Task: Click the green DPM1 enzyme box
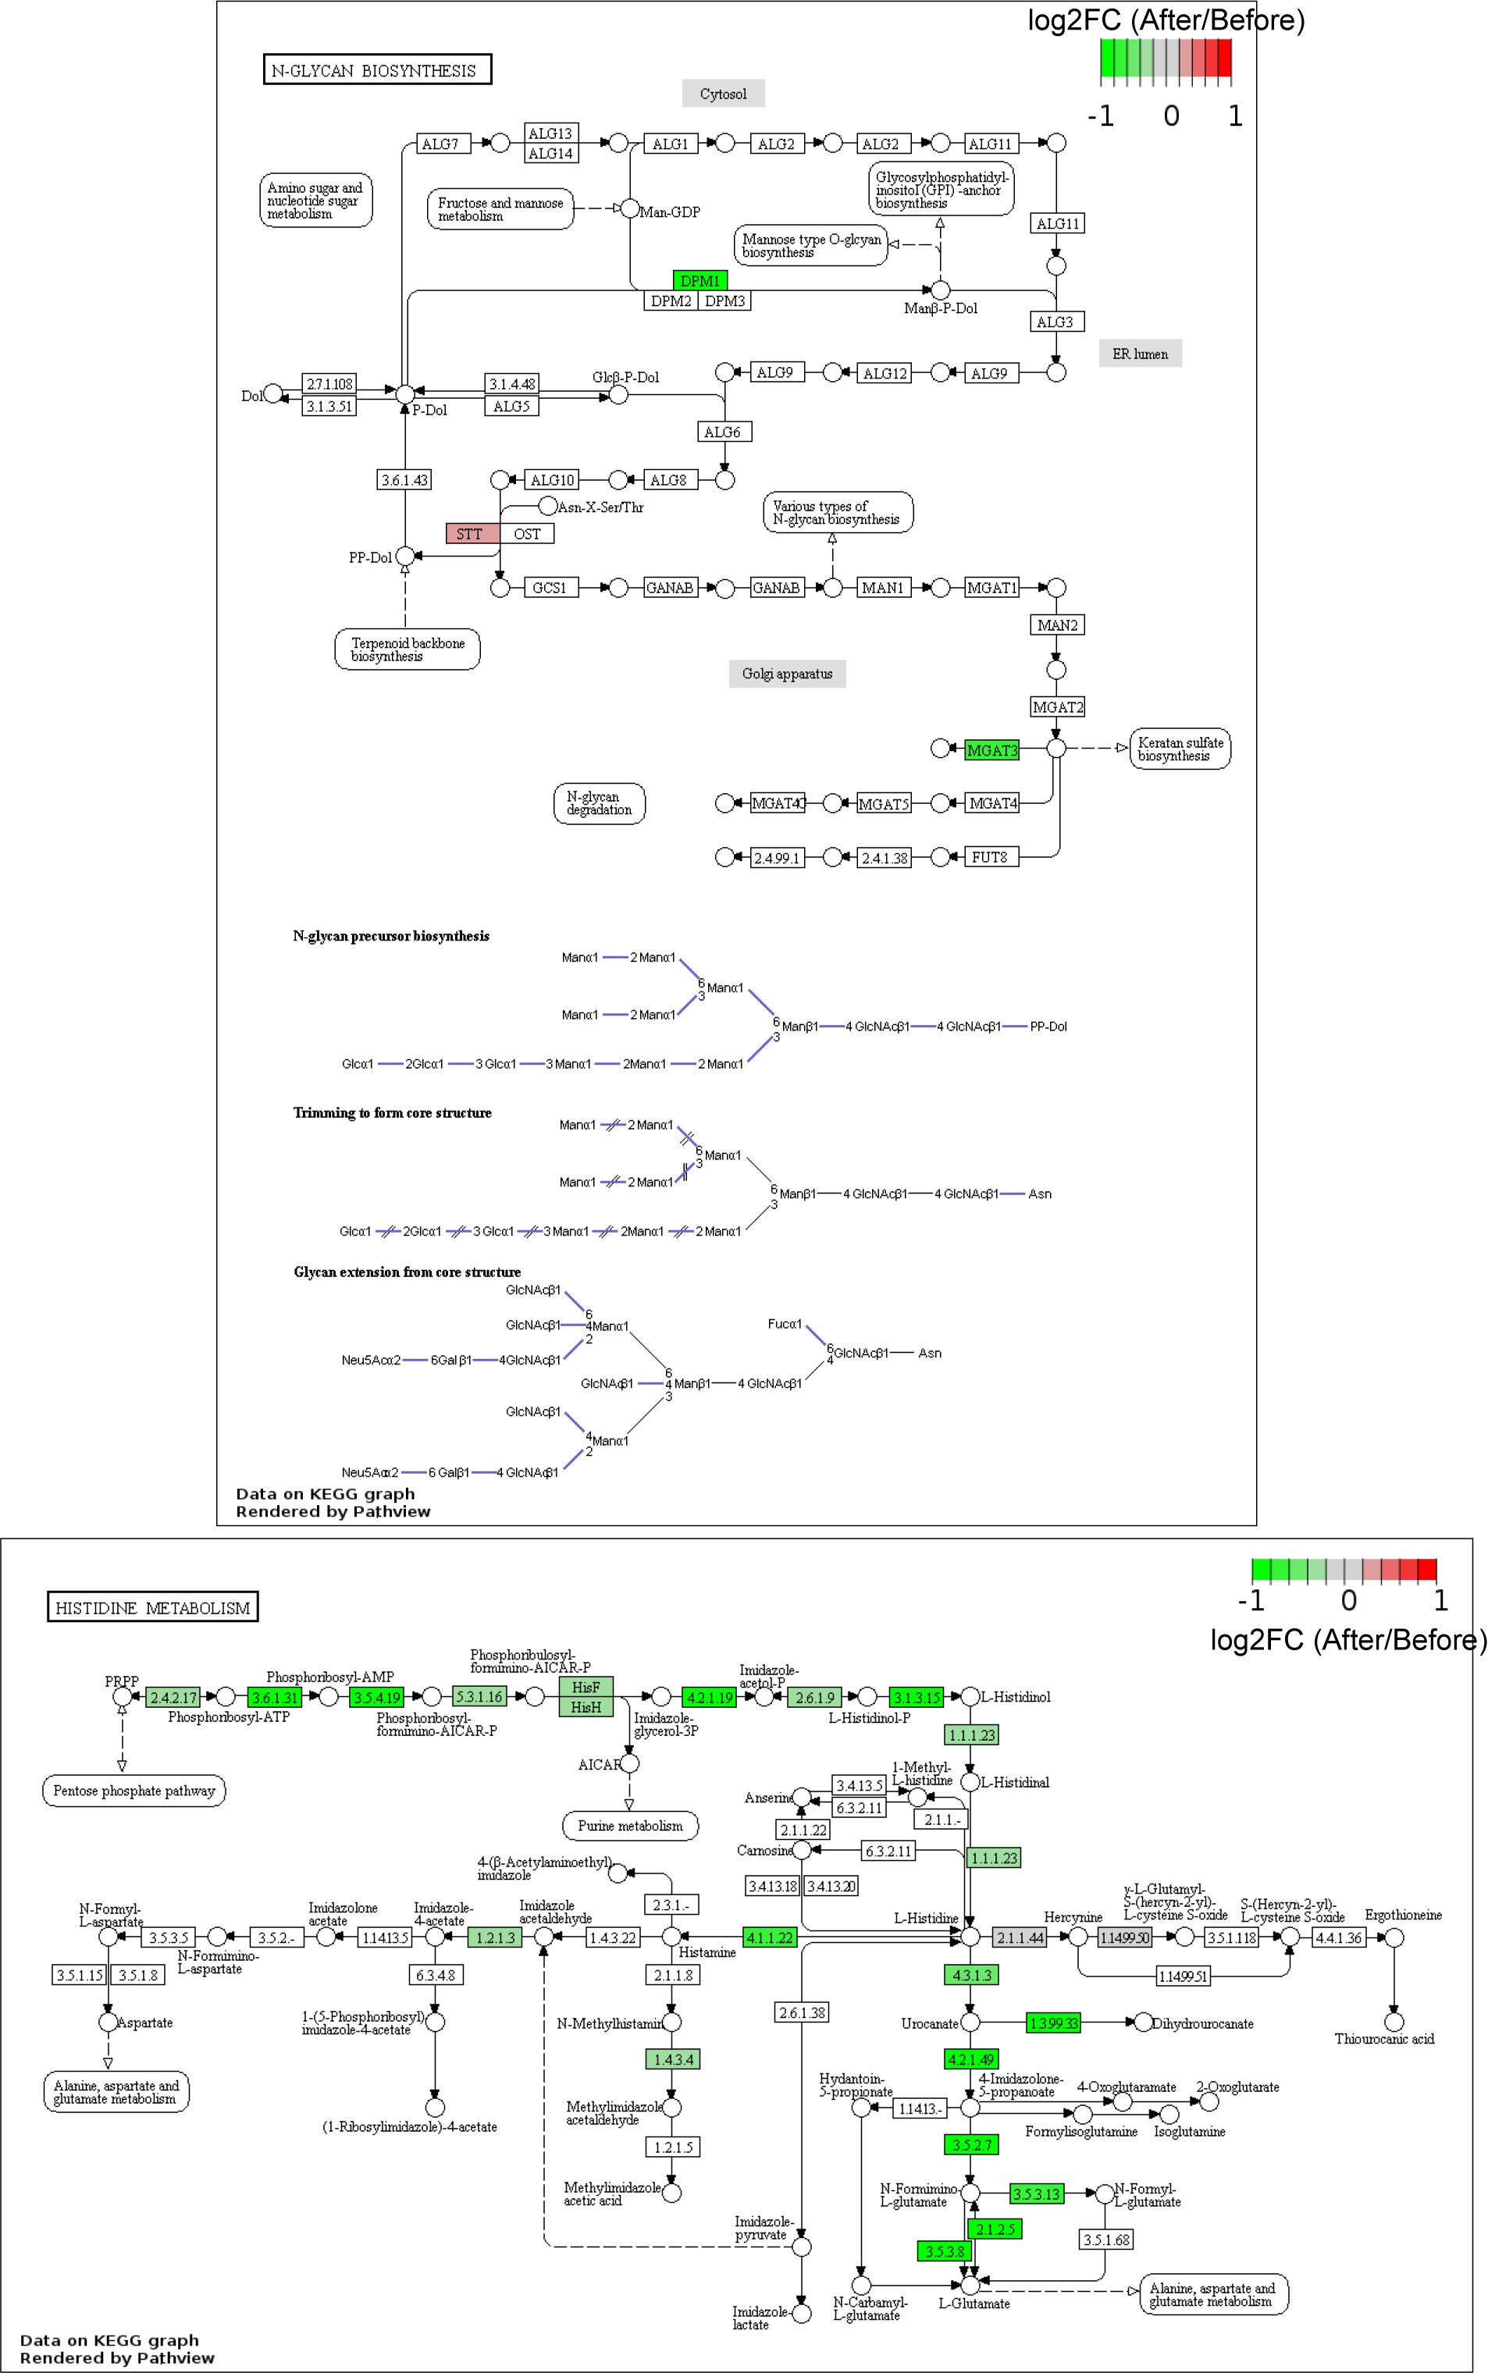click(700, 280)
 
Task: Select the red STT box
click(472, 533)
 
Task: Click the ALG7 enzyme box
click(440, 144)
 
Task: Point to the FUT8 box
click(989, 857)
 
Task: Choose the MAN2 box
click(1057, 624)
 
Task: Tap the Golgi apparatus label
click(786, 673)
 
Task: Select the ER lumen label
click(1140, 353)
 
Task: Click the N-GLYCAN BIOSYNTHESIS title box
click(377, 69)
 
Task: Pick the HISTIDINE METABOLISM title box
click(152, 1607)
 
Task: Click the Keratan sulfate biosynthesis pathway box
click(1180, 749)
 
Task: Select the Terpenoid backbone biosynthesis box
click(408, 649)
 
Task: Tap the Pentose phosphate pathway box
click(133, 1791)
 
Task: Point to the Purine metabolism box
click(630, 1825)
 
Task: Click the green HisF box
click(586, 1686)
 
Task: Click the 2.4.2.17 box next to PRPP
click(173, 1697)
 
